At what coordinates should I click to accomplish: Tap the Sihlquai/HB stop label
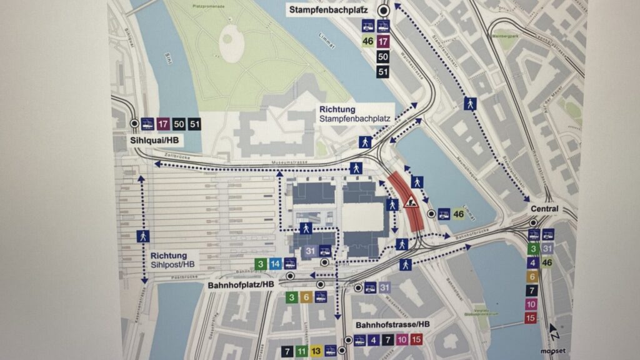[155, 141]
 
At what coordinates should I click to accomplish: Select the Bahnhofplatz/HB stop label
[241, 284]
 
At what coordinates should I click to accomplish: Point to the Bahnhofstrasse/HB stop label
[392, 325]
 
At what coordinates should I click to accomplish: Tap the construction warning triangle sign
[411, 202]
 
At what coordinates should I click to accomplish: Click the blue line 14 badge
[275, 264]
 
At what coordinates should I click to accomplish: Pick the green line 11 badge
[301, 351]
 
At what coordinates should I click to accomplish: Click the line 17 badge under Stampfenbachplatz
[384, 42]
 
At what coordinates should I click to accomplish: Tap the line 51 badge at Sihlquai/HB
[194, 124]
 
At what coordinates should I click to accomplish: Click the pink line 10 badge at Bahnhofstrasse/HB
[402, 341]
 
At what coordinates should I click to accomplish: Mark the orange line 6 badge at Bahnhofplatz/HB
[306, 297]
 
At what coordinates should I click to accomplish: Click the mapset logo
[552, 351]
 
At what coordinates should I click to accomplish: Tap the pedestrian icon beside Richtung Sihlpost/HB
[143, 236]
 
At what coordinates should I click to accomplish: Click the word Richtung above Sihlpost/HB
[168, 256]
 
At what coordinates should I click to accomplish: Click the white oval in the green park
[232, 43]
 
